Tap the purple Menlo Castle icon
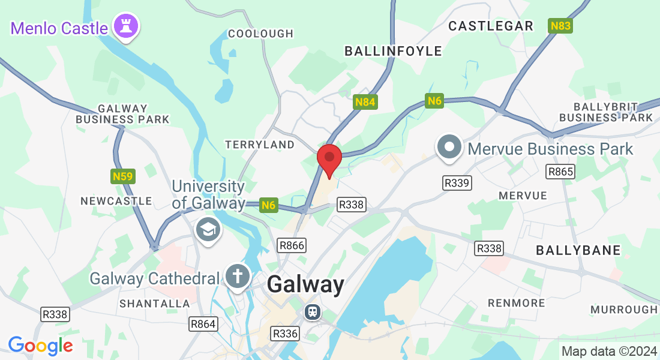[127, 26]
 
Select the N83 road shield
[560, 26]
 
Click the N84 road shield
[365, 102]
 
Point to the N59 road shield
[123, 176]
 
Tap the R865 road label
[560, 172]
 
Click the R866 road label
[292, 245]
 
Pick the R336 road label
[284, 333]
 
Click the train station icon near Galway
[312, 311]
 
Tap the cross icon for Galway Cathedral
[238, 277]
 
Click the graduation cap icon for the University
[208, 229]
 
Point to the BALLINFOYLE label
[393, 51]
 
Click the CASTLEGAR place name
[491, 26]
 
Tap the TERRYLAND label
[260, 145]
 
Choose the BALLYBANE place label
[578, 250]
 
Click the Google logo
[40, 346]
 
